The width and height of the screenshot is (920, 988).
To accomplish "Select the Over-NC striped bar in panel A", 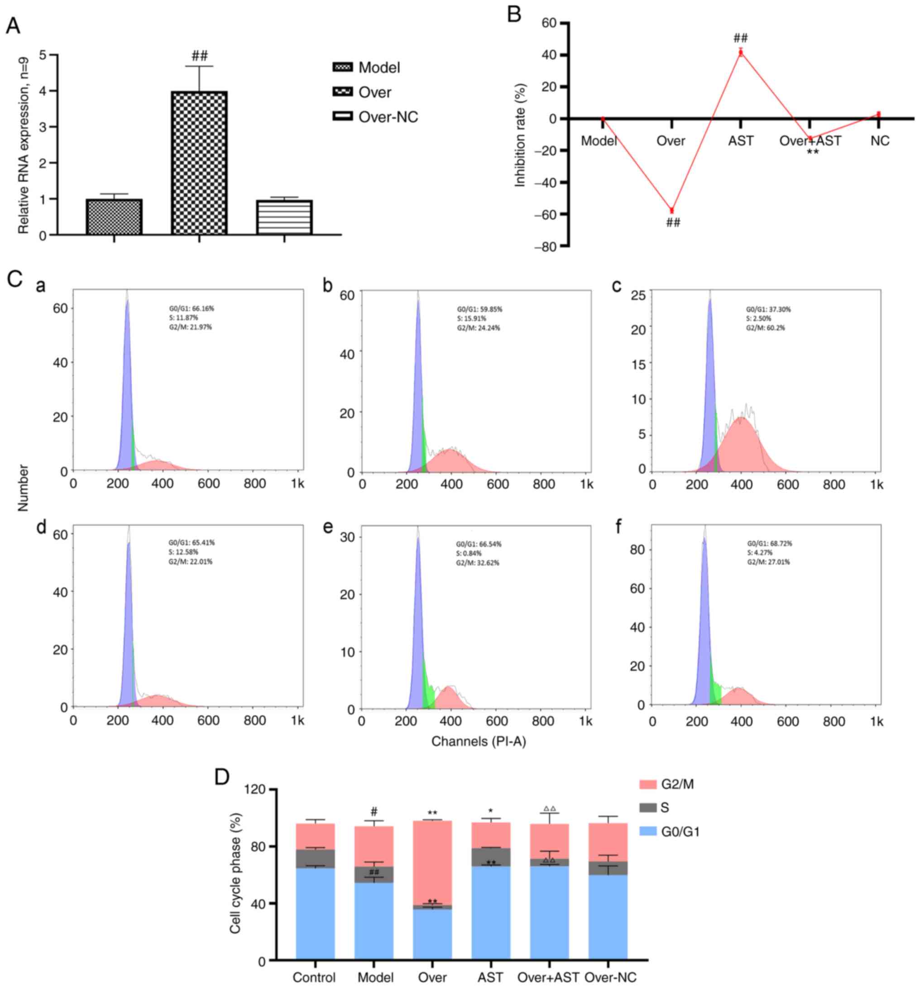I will [284, 217].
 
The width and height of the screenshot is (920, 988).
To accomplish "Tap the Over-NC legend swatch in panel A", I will [342, 117].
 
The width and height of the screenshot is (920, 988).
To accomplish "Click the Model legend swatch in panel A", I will [342, 67].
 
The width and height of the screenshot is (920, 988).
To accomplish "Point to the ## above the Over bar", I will [199, 56].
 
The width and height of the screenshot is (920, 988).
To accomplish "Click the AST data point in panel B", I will [741, 53].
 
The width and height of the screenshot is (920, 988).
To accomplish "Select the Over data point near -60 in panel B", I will [671, 210].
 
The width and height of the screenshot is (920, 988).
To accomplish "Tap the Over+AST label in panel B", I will [810, 141].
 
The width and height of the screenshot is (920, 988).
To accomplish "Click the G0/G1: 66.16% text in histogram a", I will [192, 309].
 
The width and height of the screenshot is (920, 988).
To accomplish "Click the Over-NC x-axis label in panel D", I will [610, 977].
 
